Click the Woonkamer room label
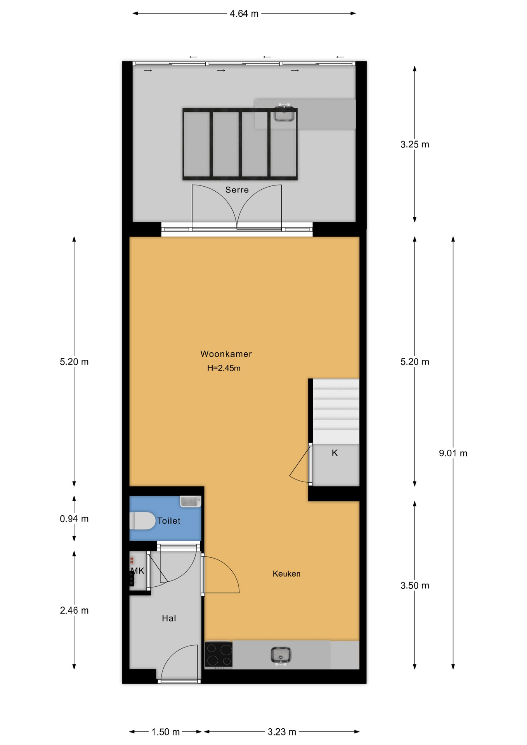pos(226,354)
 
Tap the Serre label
pos(237,190)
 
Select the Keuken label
pos(286,573)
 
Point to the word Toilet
pos(169,521)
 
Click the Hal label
pos(169,618)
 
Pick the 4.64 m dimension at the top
pos(244,14)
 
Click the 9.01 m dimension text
pos(453,453)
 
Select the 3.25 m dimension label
pos(415,144)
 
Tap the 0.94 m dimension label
pos(74,519)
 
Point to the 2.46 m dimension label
pos(74,610)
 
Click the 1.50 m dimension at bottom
pos(165,732)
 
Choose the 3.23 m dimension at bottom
pos(282,732)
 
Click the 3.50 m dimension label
pos(415,586)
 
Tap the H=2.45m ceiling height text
pos(224,368)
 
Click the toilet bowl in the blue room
pos(142,521)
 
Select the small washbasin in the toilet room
pos(191,501)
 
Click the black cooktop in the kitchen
pos(218,655)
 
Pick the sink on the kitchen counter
pos(281,656)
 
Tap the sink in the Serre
pos(284,113)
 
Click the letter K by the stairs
pos(335,453)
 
